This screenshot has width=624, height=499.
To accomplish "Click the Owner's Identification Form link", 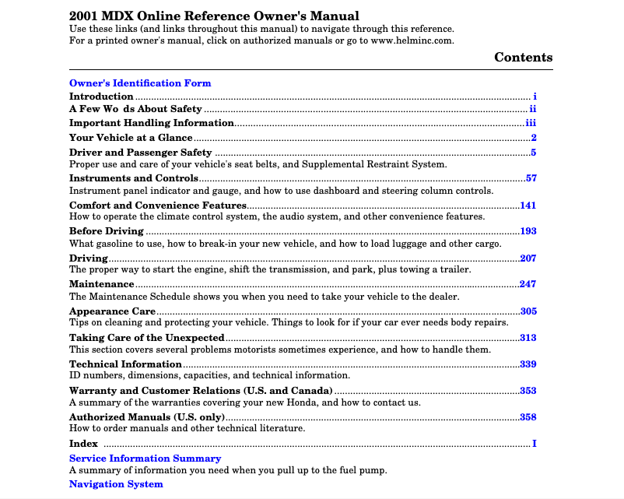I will (x=140, y=83).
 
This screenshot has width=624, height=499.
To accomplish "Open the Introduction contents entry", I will (x=101, y=97).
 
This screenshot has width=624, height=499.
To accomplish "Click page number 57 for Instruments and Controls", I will (x=531, y=178).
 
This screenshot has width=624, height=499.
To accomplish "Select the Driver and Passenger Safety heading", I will (x=140, y=153).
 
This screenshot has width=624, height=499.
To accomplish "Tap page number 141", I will (x=528, y=206).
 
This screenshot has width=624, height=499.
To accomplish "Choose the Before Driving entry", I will (x=107, y=231).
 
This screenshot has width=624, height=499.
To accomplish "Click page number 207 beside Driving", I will (x=528, y=258).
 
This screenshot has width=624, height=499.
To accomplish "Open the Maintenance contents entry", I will (x=102, y=285).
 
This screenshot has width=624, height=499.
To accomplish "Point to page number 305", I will (x=528, y=311).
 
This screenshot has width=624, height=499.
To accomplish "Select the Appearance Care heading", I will (x=112, y=311).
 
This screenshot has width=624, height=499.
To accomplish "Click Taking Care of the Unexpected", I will (x=146, y=338).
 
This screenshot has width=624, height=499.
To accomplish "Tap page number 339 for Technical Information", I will (x=528, y=364).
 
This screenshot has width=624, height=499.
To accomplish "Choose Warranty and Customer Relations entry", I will (x=201, y=391).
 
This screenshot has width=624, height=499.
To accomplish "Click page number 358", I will (x=528, y=417).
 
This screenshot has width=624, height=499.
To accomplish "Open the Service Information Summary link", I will (x=145, y=459).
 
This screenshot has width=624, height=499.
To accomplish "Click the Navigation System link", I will (x=116, y=484).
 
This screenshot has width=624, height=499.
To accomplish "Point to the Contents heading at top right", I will (x=523, y=58).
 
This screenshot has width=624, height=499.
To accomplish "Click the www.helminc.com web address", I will (x=412, y=40).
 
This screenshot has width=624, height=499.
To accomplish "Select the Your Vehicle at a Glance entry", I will (x=131, y=138).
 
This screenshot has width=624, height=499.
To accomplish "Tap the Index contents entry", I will (x=83, y=444).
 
